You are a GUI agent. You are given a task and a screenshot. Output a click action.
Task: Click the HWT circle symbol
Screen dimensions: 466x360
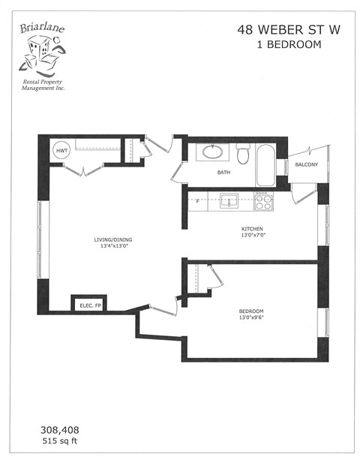pyautogui.click(x=61, y=150)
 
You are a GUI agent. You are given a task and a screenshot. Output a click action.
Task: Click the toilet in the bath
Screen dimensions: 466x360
pyautogui.click(x=242, y=155)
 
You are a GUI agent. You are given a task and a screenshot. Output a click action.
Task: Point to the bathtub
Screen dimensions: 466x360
pyautogui.click(x=265, y=165)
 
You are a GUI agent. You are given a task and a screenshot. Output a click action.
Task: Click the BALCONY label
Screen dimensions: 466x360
pyautogui.click(x=306, y=164)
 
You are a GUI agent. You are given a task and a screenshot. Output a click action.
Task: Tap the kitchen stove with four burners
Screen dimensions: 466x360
pyautogui.click(x=263, y=200)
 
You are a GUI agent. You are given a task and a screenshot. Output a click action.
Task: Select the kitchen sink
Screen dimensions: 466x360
pyautogui.click(x=228, y=200)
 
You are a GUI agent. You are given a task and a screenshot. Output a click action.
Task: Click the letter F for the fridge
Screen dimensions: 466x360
pyautogui.click(x=197, y=201)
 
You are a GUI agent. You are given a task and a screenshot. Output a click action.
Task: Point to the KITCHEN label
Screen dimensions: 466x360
pyautogui.click(x=251, y=229)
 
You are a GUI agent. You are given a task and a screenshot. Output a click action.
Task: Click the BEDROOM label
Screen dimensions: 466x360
pyautogui.click(x=250, y=311)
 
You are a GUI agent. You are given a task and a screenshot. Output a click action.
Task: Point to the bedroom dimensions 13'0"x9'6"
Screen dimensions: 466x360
pyautogui.click(x=250, y=319)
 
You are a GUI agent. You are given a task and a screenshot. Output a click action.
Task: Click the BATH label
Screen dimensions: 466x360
pyautogui.click(x=223, y=173)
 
